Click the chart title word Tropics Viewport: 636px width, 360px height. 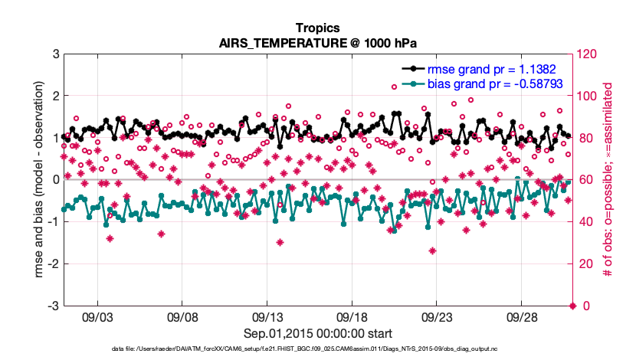pos(318,28)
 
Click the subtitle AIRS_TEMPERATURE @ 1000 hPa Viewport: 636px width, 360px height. pos(318,43)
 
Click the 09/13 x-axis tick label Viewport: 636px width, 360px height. pos(267,317)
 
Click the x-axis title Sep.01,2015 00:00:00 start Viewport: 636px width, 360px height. pos(318,333)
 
